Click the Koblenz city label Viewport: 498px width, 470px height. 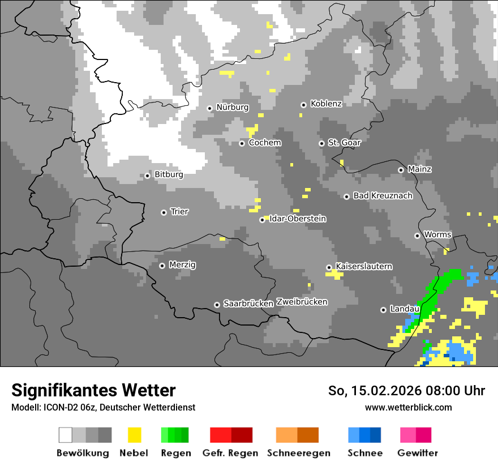(326, 104)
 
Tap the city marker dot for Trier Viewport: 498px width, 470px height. (164, 212)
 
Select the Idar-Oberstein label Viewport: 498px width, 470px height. (298, 219)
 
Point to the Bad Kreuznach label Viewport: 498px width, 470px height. (383, 195)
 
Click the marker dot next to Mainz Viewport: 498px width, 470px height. (401, 170)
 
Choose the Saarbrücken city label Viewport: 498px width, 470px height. (248, 304)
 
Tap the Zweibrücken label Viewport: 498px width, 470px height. (302, 302)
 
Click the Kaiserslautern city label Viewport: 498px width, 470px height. (363, 266)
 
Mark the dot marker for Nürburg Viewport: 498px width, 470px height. (209, 108)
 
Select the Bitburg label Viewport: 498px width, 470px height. (169, 174)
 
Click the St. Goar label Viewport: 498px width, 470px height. (344, 143)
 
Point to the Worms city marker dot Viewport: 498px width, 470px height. (417, 236)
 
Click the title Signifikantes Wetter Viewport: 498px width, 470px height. (93, 390)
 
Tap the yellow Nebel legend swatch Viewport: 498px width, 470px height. (135, 435)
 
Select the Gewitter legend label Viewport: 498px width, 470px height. (417, 453)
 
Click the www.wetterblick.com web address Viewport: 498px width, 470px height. (408, 407)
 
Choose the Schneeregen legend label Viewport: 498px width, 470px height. (298, 453)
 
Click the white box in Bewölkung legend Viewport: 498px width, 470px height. (66, 435)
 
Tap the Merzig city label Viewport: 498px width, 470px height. (182, 264)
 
